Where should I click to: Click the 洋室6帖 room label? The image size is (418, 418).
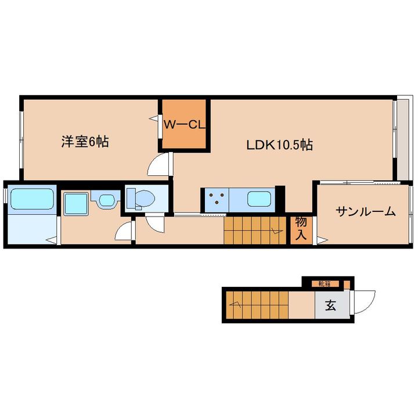85,142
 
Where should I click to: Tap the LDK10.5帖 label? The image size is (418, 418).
280,145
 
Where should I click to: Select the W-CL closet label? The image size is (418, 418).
184,124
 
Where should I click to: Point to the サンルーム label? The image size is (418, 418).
365,212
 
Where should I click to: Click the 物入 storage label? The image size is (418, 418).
301,228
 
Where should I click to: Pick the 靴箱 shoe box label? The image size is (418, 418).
325,284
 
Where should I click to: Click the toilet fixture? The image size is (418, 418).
140,199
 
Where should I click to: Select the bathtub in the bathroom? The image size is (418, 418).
31,199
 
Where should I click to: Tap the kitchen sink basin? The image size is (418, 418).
259,199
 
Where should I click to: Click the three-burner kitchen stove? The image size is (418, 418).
217,199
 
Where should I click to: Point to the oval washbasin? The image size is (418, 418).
107,200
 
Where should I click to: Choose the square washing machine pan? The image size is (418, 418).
76,204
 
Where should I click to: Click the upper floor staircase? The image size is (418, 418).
255,230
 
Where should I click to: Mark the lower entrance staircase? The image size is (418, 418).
257,305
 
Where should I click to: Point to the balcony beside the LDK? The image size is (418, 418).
403,140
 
